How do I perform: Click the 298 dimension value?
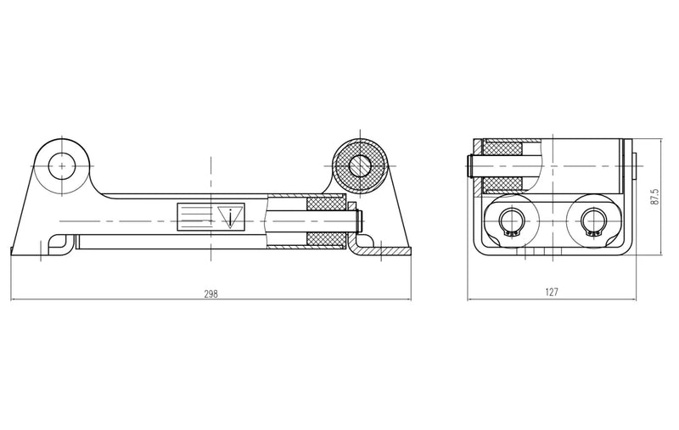click(x=211, y=293)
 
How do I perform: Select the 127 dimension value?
click(x=552, y=293)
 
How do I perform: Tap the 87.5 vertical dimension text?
click(x=654, y=197)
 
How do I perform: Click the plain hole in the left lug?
click(x=62, y=165)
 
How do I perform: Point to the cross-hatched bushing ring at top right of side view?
click(x=360, y=165)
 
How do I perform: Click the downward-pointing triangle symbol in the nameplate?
click(x=230, y=216)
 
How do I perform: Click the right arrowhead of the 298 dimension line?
click(x=408, y=299)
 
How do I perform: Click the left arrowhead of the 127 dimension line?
click(x=474, y=299)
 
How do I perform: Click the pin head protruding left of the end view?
click(x=470, y=165)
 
